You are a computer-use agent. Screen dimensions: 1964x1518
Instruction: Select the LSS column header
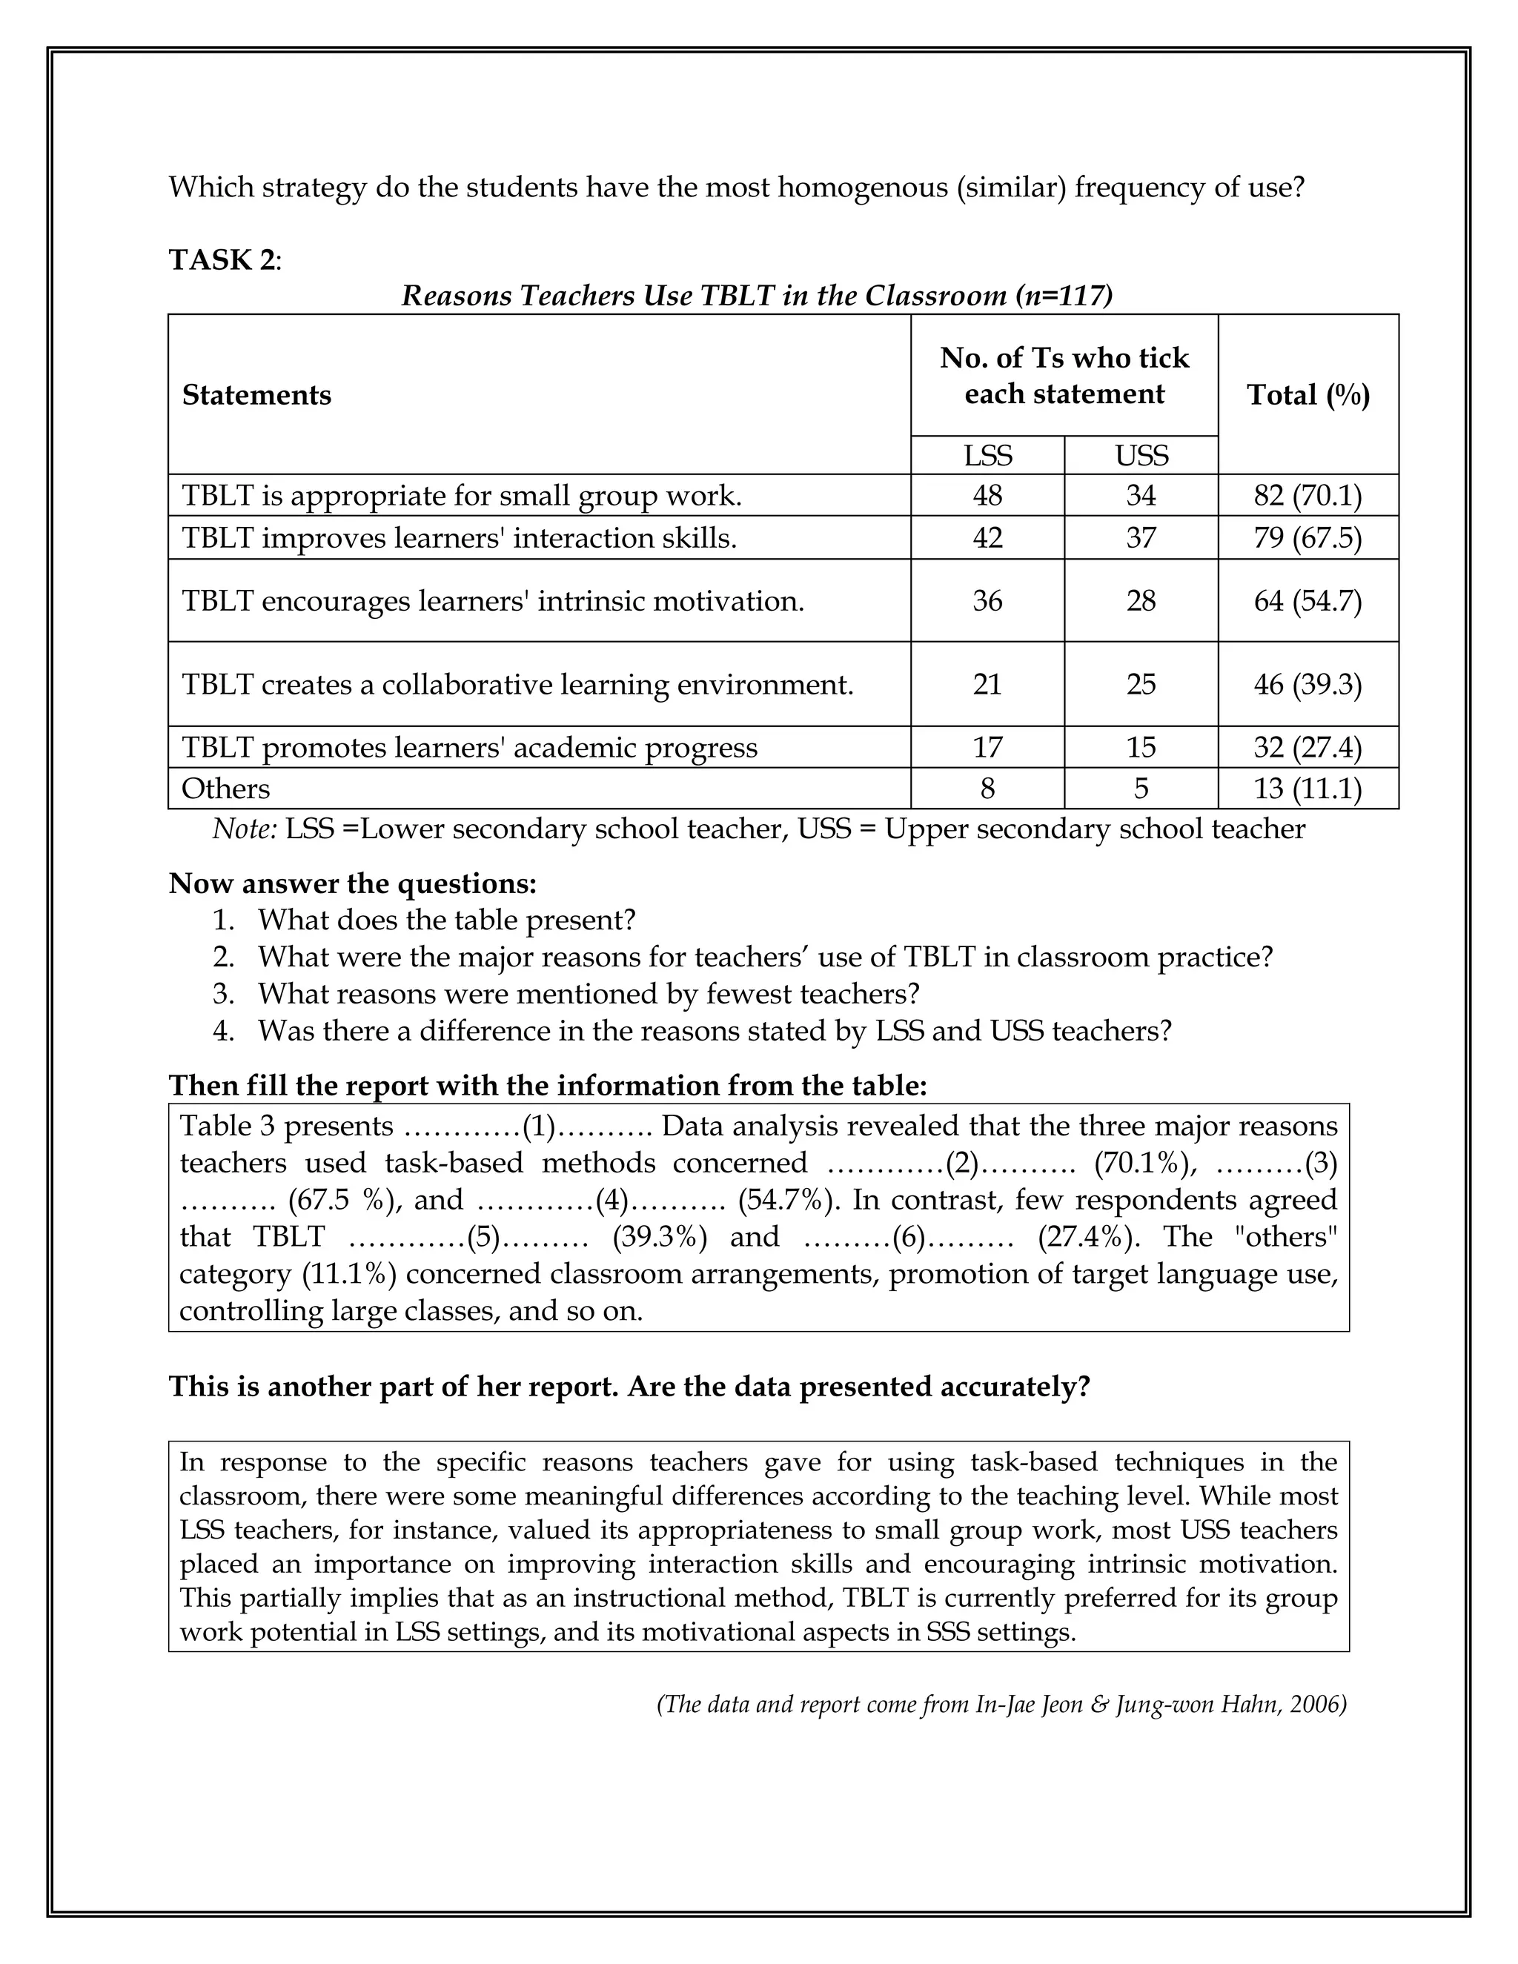[x=987, y=456]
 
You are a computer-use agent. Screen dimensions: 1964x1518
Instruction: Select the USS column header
[x=1141, y=456]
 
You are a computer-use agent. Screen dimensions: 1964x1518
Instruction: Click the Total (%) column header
[x=1308, y=395]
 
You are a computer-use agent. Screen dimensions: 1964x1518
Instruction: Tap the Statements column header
[x=256, y=395]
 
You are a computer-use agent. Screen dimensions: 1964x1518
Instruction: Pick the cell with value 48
[x=987, y=496]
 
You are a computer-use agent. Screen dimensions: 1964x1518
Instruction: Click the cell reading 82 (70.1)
[x=1308, y=496]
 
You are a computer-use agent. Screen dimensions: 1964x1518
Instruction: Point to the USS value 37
[x=1141, y=538]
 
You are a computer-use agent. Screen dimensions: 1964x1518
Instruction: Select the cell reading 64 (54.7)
[x=1308, y=601]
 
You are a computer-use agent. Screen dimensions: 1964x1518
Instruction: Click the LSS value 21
[x=987, y=684]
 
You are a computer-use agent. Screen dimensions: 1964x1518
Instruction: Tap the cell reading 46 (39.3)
[x=1308, y=684]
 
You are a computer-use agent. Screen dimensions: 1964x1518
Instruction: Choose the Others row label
[x=226, y=789]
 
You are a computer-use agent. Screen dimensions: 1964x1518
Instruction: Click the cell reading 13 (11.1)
[x=1308, y=789]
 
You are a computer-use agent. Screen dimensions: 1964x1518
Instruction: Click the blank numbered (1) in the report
[x=539, y=1127]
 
